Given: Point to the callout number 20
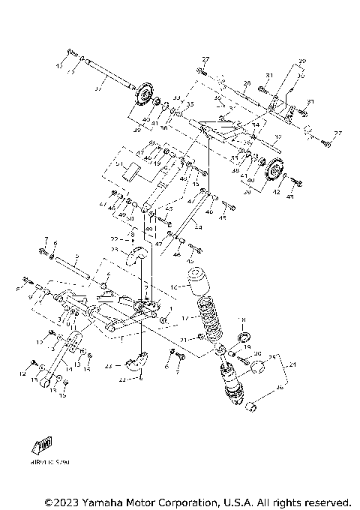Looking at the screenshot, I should pos(257,353).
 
